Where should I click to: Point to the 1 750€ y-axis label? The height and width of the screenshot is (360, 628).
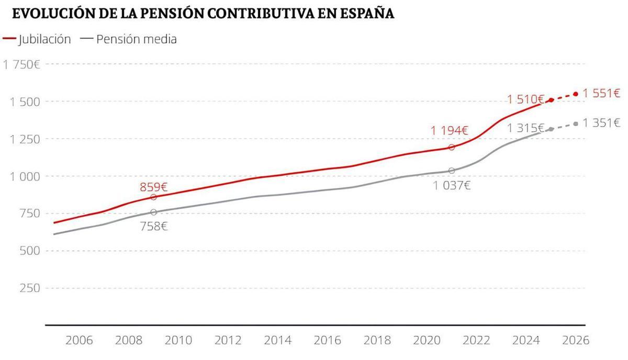pyautogui.click(x=22, y=64)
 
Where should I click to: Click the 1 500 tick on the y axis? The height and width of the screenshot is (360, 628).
pyautogui.click(x=25, y=102)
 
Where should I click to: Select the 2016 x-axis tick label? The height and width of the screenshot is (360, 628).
pyautogui.click(x=328, y=340)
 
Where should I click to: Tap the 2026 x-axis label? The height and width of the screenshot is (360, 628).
pyautogui.click(x=575, y=340)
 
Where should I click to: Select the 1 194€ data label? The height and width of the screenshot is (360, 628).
pyautogui.click(x=450, y=131)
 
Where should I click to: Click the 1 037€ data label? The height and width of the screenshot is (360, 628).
pyautogui.click(x=452, y=185)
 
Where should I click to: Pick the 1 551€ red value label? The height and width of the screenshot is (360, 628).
pyautogui.click(x=602, y=93)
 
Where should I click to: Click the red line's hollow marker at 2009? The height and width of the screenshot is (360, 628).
pyautogui.click(x=153, y=197)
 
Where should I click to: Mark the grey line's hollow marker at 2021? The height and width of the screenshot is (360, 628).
pyautogui.click(x=452, y=171)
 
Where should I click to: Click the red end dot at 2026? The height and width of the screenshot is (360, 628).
pyautogui.click(x=576, y=94)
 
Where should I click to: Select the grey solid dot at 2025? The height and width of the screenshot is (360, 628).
pyautogui.click(x=551, y=129)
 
